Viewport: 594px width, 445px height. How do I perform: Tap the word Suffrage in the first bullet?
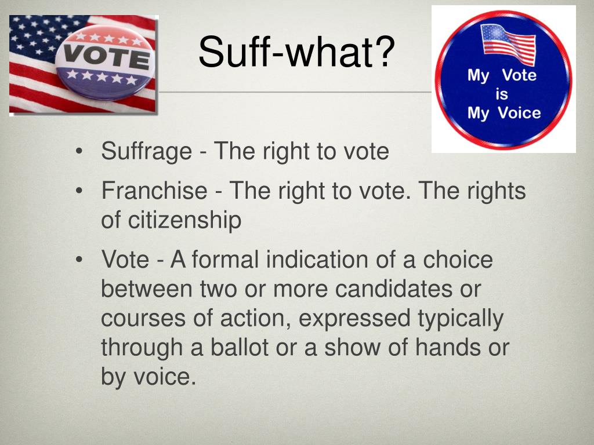[x=146, y=152]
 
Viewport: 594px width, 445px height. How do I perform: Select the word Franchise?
[x=154, y=191]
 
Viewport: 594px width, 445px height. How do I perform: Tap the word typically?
[x=460, y=319]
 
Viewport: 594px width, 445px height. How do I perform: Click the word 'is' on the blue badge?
[x=502, y=94]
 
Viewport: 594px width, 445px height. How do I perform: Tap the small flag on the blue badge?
[x=508, y=44]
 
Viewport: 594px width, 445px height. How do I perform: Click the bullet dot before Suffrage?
[x=79, y=152]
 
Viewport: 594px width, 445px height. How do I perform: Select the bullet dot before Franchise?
[x=79, y=191]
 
